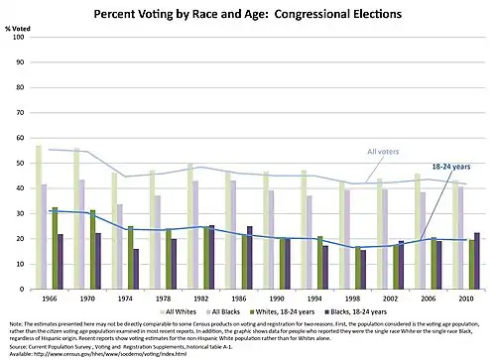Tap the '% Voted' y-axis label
[20, 30]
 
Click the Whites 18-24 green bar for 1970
[93, 248]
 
